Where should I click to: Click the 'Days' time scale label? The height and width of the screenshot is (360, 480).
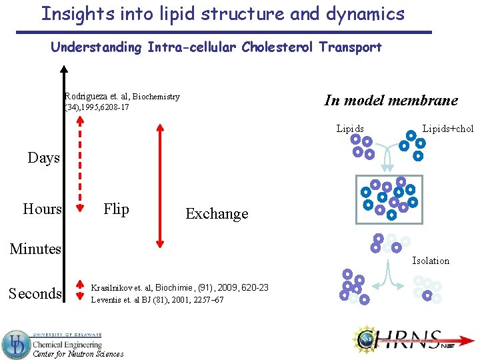pos(43,158)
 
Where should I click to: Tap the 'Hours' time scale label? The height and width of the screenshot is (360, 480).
pos(42,209)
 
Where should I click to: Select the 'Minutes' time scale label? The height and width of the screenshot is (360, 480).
pos(35,249)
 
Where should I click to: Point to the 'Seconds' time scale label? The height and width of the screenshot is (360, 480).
pos(35,294)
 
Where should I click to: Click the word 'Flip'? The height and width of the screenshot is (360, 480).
pos(116,209)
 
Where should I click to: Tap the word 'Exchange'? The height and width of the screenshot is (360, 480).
pos(217,214)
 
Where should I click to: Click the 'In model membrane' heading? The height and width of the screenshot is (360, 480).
pos(391,101)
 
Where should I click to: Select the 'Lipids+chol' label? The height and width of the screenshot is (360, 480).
pos(448,129)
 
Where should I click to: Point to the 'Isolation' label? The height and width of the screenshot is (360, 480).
pos(431,261)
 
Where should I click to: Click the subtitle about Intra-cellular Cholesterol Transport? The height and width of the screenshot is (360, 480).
pos(216,47)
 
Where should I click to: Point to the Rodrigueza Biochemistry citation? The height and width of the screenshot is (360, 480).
pos(122,101)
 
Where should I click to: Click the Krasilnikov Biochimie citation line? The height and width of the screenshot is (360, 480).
pos(179,287)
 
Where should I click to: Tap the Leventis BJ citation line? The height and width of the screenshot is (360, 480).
pos(157,300)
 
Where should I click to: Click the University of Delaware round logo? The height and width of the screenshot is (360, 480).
pos(15,345)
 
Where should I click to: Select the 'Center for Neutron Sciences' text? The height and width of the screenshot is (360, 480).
pos(78,354)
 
